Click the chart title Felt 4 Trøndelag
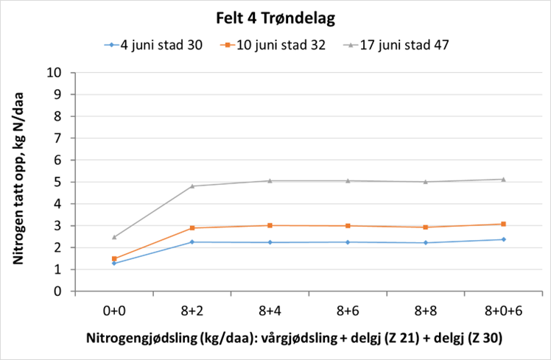click(x=275, y=17)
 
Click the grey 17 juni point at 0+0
click(x=114, y=237)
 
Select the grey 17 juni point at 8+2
click(x=192, y=186)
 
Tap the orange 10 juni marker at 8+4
click(x=270, y=225)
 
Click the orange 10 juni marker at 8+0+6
click(x=503, y=224)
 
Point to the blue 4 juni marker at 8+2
click(x=192, y=242)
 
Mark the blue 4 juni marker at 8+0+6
click(x=503, y=239)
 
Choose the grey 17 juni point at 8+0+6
click(x=503, y=179)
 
